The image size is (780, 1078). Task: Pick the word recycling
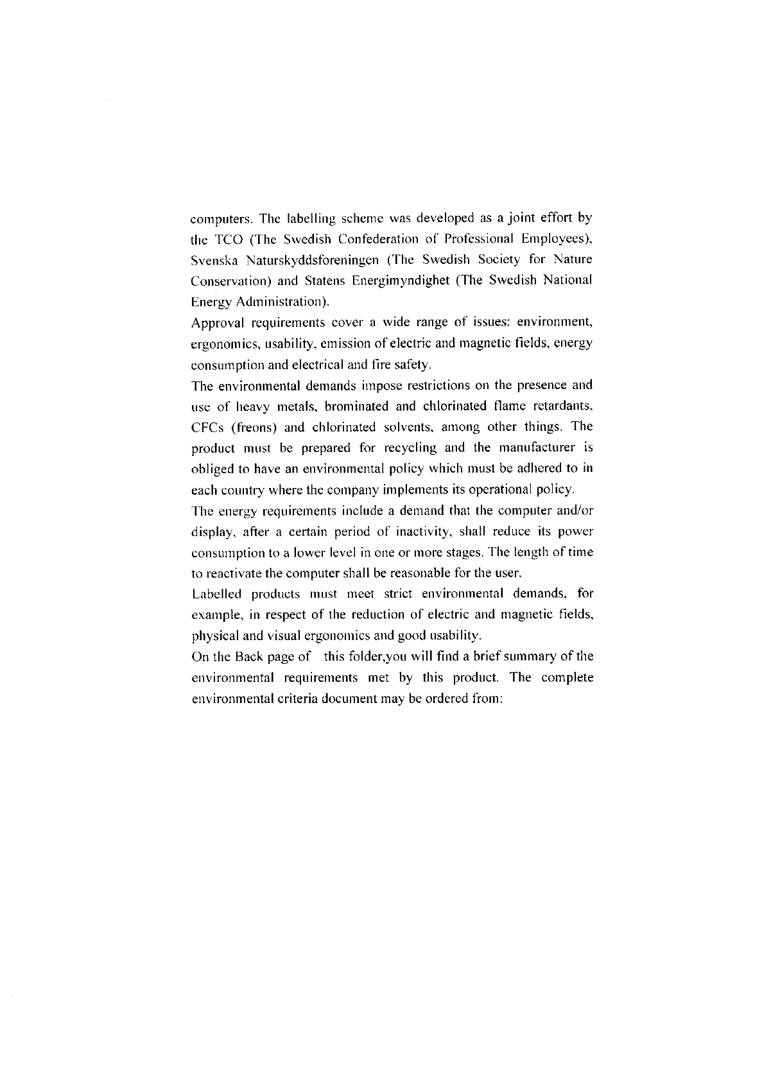point(408,448)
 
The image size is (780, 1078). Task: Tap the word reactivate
point(231,573)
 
